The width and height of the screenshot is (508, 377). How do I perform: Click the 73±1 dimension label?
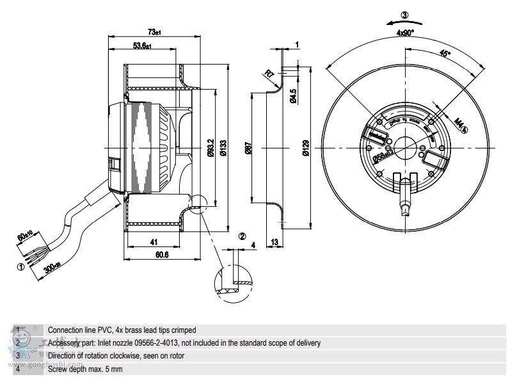(154, 31)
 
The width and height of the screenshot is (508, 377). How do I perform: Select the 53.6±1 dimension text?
(143, 45)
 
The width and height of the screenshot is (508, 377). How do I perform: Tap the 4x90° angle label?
(405, 32)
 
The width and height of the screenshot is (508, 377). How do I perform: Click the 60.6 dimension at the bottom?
(161, 255)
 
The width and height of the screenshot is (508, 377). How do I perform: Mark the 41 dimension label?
(154, 242)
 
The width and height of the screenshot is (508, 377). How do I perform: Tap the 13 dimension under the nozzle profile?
(274, 242)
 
